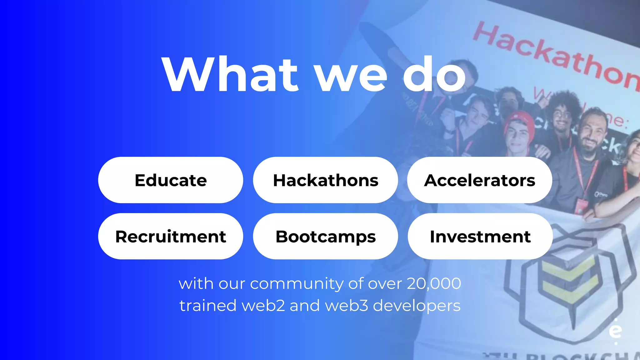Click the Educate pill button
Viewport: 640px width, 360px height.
click(x=171, y=180)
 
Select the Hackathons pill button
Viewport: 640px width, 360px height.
click(x=325, y=180)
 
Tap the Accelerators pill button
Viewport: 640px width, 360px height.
click(x=480, y=180)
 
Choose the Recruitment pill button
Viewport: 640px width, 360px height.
click(x=171, y=237)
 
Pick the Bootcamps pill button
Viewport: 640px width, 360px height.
click(x=325, y=237)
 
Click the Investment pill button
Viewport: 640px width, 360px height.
click(x=480, y=237)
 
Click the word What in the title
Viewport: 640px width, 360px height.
click(x=230, y=75)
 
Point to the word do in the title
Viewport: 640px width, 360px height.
click(x=434, y=75)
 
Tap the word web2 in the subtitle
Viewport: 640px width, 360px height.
click(x=263, y=305)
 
